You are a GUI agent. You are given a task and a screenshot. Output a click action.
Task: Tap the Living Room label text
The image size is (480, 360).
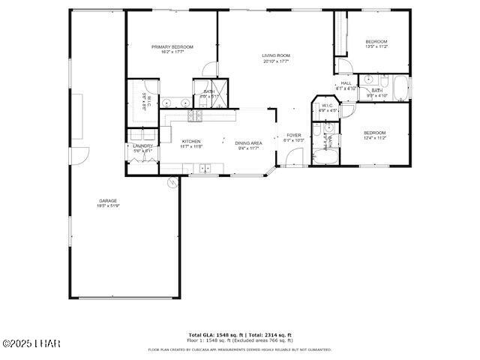(x=276, y=56)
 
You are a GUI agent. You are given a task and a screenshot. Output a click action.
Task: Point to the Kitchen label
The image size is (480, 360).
(x=191, y=142)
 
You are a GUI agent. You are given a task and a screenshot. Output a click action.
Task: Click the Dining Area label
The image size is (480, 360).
(x=247, y=143)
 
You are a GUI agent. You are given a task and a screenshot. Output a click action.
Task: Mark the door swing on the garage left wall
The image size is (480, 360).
(x=80, y=155)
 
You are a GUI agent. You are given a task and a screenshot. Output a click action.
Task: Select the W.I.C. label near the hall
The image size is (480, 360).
(x=328, y=106)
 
